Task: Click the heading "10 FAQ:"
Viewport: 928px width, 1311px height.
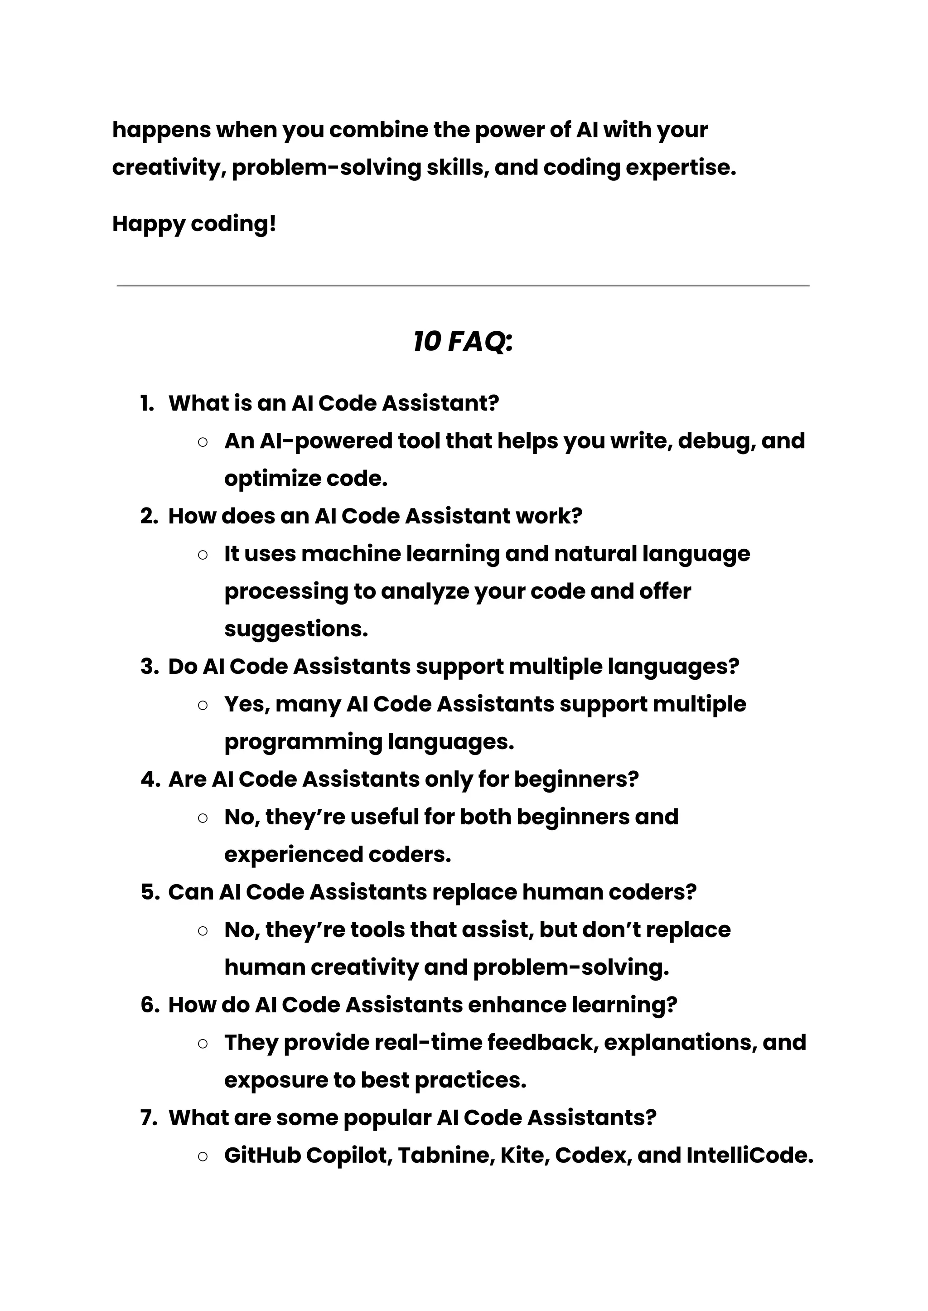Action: pyautogui.click(x=463, y=342)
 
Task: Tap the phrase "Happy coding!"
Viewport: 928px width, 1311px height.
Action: pyautogui.click(x=194, y=223)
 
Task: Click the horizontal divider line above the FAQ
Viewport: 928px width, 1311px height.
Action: pyautogui.click(x=463, y=285)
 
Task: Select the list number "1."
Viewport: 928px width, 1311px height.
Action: pyautogui.click(x=147, y=403)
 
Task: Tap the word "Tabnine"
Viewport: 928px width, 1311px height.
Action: pyautogui.click(x=446, y=1155)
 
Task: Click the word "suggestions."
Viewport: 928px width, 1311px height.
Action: pyautogui.click(x=296, y=629)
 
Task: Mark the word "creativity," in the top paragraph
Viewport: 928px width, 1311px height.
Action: pyautogui.click(x=169, y=168)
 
